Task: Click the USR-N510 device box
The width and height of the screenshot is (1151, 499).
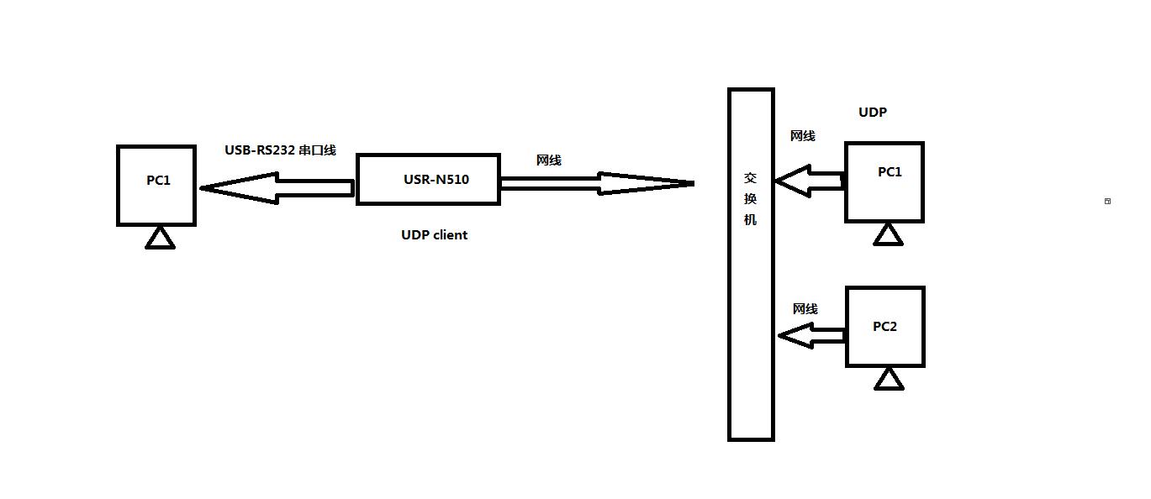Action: click(x=428, y=179)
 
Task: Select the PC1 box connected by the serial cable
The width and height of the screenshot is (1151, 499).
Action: click(x=156, y=186)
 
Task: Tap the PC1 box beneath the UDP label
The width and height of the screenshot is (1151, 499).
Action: click(x=884, y=182)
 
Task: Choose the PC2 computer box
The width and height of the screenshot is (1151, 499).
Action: click(x=884, y=327)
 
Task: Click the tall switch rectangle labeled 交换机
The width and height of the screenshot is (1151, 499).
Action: click(x=751, y=336)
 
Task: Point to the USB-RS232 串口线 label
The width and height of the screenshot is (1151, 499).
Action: click(x=280, y=150)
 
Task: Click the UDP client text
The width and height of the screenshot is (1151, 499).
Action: click(x=434, y=235)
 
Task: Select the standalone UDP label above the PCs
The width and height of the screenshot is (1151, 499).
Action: click(x=873, y=113)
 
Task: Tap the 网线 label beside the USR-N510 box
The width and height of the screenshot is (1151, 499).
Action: click(x=548, y=160)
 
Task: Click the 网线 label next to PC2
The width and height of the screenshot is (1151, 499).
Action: click(x=805, y=309)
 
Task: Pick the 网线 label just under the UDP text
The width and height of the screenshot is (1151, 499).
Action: click(x=802, y=136)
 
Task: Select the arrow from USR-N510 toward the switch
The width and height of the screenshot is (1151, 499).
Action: click(x=597, y=183)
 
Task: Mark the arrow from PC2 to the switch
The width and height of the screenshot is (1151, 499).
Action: click(x=810, y=336)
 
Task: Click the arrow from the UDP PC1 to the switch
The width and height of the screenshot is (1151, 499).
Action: click(x=808, y=181)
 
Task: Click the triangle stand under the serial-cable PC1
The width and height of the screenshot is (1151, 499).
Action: click(x=160, y=239)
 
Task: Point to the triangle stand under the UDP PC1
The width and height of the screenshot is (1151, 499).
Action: click(x=888, y=236)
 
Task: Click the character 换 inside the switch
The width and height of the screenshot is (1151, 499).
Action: click(x=751, y=199)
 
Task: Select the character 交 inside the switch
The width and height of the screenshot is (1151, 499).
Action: click(x=751, y=178)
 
